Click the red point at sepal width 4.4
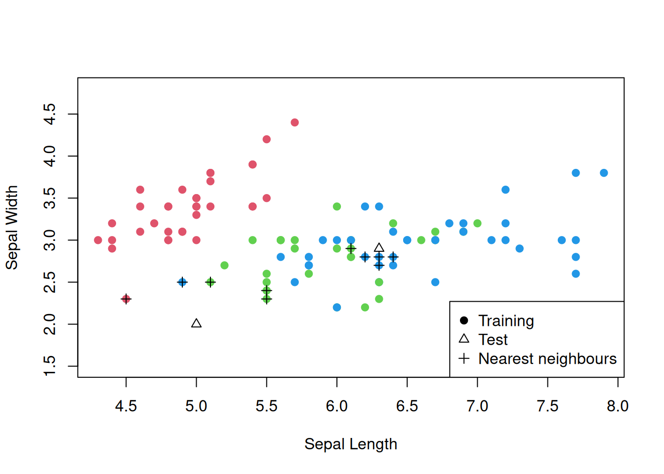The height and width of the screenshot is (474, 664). (294, 122)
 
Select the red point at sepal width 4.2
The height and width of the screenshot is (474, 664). (266, 139)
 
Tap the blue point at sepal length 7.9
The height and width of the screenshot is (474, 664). (604, 173)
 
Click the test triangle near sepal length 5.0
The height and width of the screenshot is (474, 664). (196, 323)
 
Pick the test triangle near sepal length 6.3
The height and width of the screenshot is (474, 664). (379, 248)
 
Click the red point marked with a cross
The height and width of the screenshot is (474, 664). (126, 299)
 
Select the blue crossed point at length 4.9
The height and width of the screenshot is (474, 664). (182, 282)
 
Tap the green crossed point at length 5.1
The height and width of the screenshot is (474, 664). (210, 282)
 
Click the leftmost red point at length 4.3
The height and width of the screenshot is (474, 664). (98, 240)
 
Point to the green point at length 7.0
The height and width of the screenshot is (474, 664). (477, 223)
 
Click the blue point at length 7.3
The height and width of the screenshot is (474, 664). (519, 248)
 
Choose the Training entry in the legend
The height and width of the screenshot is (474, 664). (506, 321)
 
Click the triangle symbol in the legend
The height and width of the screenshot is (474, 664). (464, 339)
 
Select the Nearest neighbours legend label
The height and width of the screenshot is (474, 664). (547, 358)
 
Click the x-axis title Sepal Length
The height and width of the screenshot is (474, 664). (350, 444)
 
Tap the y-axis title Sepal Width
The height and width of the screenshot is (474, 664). (12, 227)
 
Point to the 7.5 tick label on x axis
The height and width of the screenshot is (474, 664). (547, 406)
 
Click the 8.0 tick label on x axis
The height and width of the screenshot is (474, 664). (618, 406)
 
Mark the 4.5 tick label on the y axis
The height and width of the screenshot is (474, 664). (50, 114)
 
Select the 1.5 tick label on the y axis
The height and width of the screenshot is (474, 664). (50, 366)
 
